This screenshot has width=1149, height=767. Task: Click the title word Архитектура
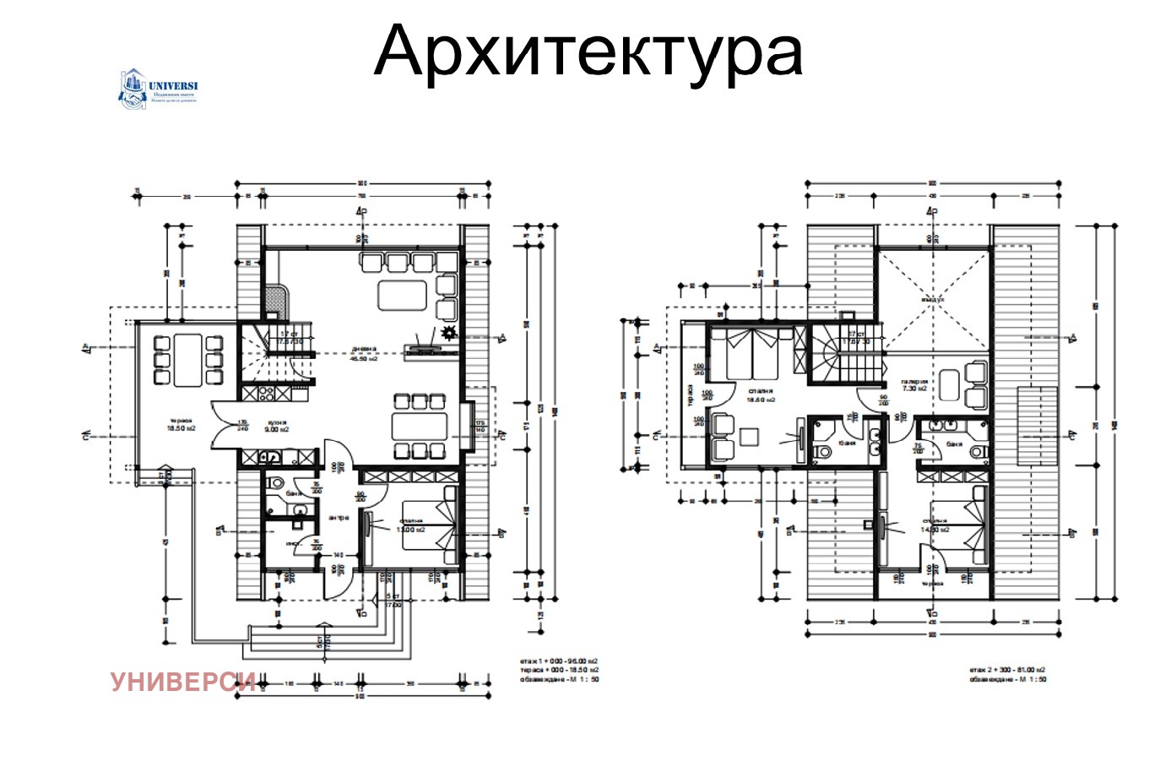[588, 51]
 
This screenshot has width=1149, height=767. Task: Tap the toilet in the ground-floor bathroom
[274, 485]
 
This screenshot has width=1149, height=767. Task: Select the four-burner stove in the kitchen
[261, 393]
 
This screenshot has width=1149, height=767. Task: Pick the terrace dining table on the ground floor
[188, 360]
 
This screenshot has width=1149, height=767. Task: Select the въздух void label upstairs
[932, 300]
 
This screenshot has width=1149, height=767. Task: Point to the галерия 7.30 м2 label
[914, 385]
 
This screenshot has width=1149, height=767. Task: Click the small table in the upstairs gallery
[950, 385]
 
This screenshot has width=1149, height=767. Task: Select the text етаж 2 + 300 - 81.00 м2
[1008, 669]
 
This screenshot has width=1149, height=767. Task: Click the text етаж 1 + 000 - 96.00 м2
[560, 661]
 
